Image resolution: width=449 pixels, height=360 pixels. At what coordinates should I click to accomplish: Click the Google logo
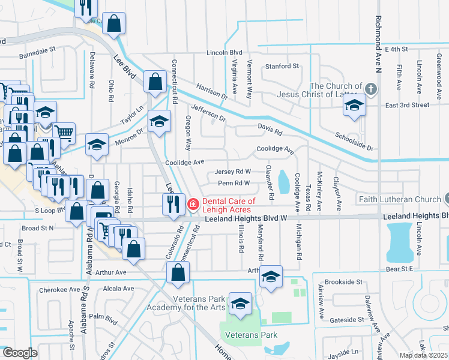point(19,353)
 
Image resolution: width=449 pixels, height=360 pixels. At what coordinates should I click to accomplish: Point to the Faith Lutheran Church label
point(399,199)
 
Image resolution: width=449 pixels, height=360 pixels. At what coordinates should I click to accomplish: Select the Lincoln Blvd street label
point(224,53)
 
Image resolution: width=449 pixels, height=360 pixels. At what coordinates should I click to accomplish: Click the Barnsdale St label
point(37,50)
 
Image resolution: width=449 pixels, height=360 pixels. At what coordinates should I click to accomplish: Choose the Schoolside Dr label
point(354,142)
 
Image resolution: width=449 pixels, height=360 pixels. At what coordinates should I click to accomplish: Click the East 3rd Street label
point(408,105)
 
